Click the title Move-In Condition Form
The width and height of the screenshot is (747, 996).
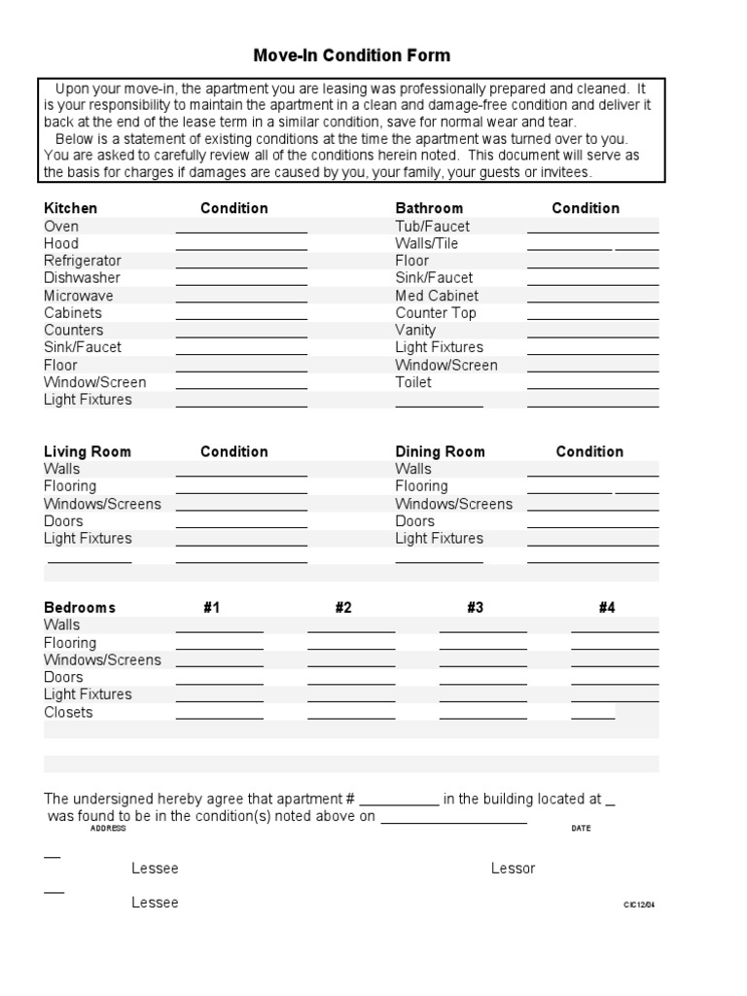[352, 55]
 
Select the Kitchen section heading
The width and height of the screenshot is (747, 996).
[71, 208]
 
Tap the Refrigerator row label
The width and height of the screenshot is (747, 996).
[83, 261]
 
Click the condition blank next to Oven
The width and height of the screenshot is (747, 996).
[241, 230]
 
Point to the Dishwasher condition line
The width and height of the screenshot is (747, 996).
[241, 282]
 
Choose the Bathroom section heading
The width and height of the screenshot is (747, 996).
[429, 208]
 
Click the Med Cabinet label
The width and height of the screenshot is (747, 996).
[437, 296]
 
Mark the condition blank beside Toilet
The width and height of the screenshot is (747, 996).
[592, 386]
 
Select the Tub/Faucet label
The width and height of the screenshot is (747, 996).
[433, 226]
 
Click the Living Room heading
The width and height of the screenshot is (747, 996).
[88, 451]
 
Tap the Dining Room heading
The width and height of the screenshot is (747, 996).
[440, 451]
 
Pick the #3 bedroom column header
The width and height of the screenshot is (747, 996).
[475, 608]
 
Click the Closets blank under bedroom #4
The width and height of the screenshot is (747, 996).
[592, 717]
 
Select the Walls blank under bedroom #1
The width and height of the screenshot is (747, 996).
[219, 629]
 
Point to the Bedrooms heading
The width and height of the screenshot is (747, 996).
[80, 608]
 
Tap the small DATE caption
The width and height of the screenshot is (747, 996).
[581, 829]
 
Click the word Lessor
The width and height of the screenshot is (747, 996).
[513, 869]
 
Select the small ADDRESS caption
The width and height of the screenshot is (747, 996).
[108, 829]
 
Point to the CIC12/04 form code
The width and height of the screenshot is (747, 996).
[639, 905]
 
